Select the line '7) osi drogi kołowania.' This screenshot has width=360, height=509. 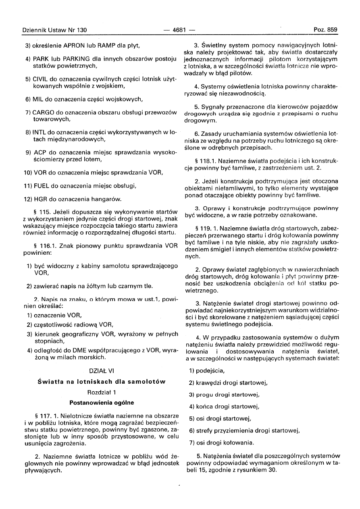coord(221,443)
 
